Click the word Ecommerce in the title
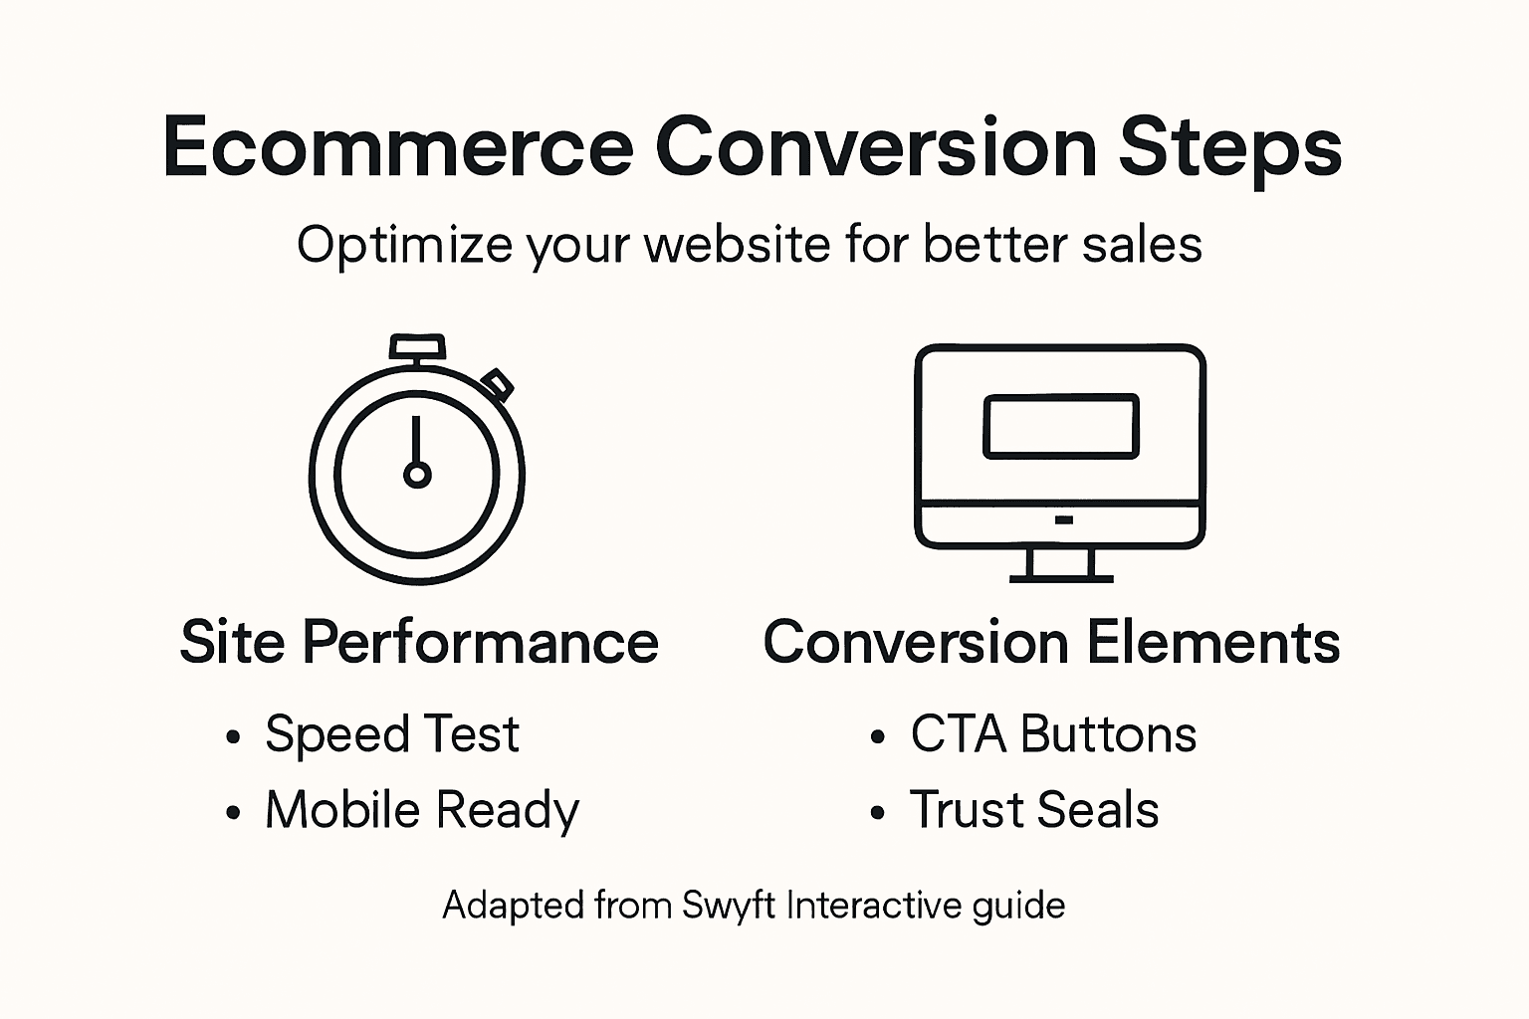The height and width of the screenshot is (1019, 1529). tap(398, 147)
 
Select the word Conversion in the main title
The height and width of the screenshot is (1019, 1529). tap(876, 147)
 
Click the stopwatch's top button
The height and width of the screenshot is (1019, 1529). tap(417, 347)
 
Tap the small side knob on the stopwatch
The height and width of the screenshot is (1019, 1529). tap(497, 384)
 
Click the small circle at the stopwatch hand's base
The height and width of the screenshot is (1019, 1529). tap(417, 474)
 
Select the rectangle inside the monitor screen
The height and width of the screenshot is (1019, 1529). tap(1060, 426)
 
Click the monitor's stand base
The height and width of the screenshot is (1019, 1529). tap(1061, 576)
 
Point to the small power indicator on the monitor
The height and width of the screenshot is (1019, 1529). tap(1063, 519)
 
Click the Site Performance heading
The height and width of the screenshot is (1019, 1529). tap(419, 642)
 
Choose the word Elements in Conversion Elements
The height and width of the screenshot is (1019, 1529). tap(1212, 642)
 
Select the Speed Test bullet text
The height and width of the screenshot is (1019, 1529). tap(391, 734)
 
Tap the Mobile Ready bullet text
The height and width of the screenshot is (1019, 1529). tap(421, 810)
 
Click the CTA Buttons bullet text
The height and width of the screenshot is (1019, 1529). tap(1053, 734)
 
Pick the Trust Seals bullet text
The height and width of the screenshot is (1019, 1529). tap(1034, 810)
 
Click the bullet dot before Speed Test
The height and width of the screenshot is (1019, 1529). tap(233, 737)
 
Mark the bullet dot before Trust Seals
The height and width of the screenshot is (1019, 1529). tap(877, 813)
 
